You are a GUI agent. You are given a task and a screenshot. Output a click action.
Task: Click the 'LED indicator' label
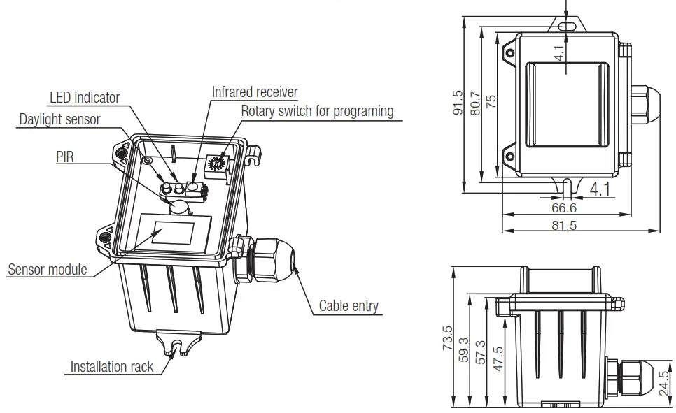[84, 97]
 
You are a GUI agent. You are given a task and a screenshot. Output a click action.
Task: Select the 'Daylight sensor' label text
[59, 119]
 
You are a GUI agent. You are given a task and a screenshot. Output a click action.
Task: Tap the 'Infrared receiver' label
[255, 92]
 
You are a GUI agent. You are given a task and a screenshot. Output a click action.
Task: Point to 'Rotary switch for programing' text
[317, 111]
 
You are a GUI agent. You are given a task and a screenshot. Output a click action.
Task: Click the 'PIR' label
[65, 157]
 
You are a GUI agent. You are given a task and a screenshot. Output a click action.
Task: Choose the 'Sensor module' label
[47, 269]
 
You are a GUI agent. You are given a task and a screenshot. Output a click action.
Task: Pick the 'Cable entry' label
[348, 305]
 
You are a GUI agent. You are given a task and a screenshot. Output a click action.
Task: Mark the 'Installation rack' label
[113, 367]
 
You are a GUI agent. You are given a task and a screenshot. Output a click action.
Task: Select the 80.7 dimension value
[475, 103]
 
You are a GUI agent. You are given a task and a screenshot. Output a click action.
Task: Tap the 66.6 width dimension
[563, 208]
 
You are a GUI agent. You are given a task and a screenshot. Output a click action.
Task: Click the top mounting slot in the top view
[567, 26]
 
